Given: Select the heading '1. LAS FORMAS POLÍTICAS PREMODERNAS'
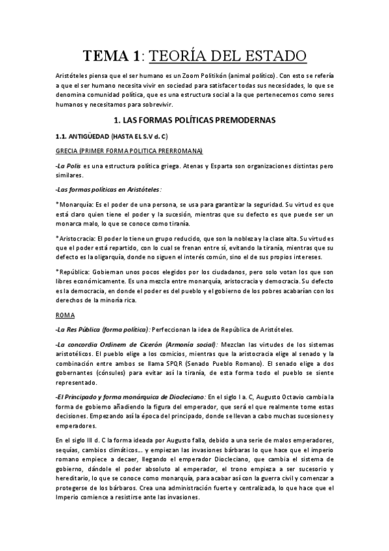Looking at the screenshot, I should coord(195,120).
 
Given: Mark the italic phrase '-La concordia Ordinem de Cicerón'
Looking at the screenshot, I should coord(108,344).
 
